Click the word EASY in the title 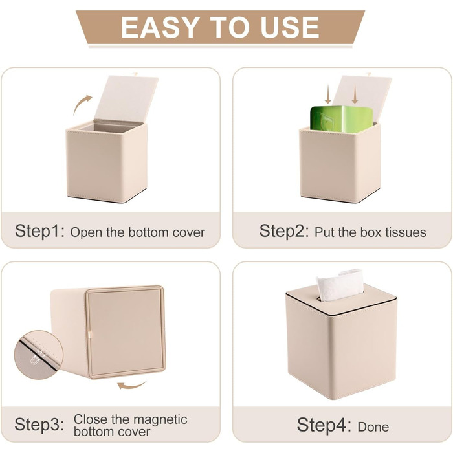click(x=160, y=27)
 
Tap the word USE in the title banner click(x=289, y=27)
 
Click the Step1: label click(x=40, y=231)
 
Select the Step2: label click(x=284, y=231)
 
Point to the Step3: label click(x=39, y=425)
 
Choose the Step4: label click(x=324, y=425)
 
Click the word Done click(x=373, y=426)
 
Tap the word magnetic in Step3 click(x=159, y=420)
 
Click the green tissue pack click(x=342, y=119)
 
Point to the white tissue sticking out click(x=340, y=285)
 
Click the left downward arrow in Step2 click(x=327, y=94)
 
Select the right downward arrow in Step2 click(x=355, y=94)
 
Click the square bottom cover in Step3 click(x=126, y=331)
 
